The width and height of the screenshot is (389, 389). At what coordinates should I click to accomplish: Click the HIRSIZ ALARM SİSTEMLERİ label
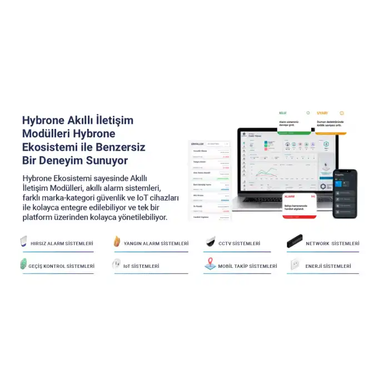point(62,243)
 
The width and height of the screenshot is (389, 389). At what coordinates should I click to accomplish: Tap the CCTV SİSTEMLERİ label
point(239,243)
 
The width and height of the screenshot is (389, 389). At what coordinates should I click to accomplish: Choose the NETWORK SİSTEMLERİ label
point(332,243)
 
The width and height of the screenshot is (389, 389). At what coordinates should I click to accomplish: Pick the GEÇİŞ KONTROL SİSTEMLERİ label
point(61,266)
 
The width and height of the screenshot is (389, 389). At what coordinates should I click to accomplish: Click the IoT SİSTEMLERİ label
point(141,266)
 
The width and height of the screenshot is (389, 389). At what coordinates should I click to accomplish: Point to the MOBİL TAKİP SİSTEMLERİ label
point(247,266)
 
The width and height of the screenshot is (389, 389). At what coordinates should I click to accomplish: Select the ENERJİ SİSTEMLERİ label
point(328,266)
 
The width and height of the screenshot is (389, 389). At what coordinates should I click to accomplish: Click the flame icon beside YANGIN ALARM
point(117,241)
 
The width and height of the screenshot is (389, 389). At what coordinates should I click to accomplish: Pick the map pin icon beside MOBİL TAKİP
point(210,264)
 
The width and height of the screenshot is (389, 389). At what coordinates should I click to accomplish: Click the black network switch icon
point(295,241)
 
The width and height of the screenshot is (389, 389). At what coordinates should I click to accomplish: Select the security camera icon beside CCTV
point(210,242)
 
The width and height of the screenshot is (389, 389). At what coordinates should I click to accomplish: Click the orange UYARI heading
point(322,113)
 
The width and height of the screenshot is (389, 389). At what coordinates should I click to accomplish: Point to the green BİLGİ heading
point(283,113)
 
